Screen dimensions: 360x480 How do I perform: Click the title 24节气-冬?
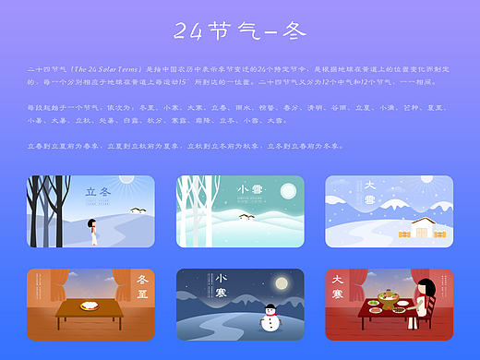(x=239, y=32)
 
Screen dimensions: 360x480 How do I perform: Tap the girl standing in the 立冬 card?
(x=93, y=230)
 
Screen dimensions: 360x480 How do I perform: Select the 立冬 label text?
(x=98, y=192)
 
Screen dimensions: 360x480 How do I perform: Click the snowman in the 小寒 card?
(x=268, y=319)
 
